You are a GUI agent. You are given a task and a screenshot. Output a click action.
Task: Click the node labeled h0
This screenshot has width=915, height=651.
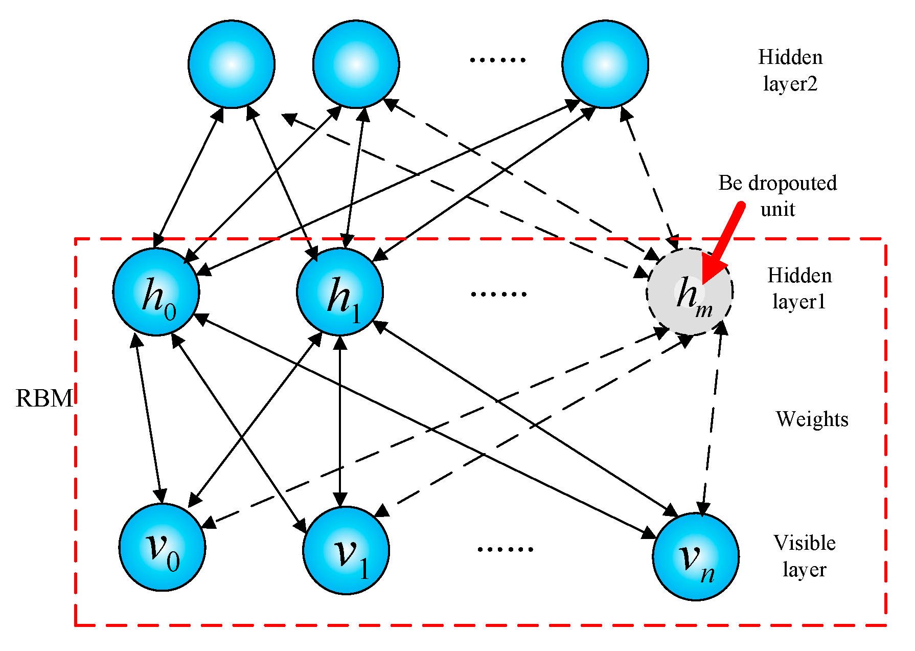click(x=156, y=292)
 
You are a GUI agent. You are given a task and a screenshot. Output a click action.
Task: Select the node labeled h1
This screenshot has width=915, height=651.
click(x=340, y=292)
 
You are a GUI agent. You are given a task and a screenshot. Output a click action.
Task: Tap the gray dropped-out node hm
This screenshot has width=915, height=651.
click(x=690, y=292)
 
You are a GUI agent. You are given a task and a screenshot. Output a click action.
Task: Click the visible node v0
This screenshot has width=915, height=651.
click(x=162, y=547)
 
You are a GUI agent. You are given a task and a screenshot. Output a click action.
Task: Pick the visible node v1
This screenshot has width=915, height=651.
click(x=346, y=550)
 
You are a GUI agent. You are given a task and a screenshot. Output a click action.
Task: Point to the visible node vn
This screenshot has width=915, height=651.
click(x=696, y=556)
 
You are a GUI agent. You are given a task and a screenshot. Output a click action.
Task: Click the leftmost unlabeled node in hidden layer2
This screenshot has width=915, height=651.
click(x=232, y=64)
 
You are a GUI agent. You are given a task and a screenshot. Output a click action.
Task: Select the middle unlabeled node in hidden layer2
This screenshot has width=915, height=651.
click(x=356, y=64)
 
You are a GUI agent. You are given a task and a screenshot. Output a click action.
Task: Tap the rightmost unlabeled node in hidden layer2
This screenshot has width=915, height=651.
click(x=605, y=64)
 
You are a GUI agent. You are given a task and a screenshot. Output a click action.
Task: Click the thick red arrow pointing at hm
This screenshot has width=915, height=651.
click(x=723, y=240)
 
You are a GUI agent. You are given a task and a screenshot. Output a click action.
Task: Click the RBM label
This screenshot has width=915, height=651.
click(x=44, y=398)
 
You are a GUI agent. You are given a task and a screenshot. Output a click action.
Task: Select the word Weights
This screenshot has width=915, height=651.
click(x=812, y=419)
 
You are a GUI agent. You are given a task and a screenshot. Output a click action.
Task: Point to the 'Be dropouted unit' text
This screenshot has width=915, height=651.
click(x=777, y=196)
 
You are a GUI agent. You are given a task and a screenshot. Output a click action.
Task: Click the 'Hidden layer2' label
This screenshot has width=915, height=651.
click(x=790, y=70)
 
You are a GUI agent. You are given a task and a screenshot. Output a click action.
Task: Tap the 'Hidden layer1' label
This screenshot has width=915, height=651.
click(x=799, y=288)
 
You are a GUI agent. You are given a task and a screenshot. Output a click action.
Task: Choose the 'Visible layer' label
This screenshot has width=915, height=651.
click(x=805, y=556)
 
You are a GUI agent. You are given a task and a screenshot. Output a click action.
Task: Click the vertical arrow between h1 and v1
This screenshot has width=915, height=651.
click(x=340, y=419)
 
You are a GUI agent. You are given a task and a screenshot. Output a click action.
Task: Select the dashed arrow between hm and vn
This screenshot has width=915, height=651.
click(x=712, y=419)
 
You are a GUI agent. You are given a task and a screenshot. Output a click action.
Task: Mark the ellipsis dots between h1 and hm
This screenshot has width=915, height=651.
click(x=498, y=294)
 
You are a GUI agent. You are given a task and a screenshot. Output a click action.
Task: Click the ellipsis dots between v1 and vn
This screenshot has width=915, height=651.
click(x=505, y=549)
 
